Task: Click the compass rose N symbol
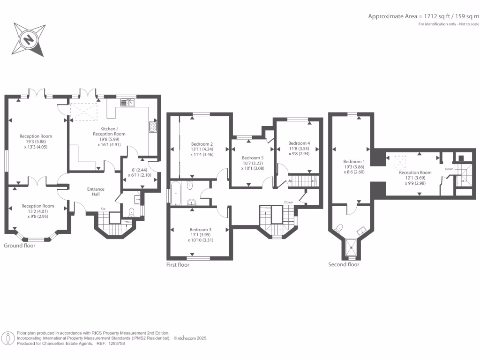29,39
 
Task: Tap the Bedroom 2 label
202,144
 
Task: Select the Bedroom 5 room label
253,158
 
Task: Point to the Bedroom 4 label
299,143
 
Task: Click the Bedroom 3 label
201,230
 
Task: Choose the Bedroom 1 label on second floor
354,161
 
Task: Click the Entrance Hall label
96,192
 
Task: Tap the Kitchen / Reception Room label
109,131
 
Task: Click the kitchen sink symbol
127,103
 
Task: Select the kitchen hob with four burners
153,127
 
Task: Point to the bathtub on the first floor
176,194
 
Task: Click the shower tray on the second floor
351,247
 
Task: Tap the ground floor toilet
132,212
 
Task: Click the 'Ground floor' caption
20,246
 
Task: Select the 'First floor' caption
178,265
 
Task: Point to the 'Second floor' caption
344,264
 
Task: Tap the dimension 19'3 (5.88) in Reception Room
36,142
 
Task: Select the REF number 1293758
117,344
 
